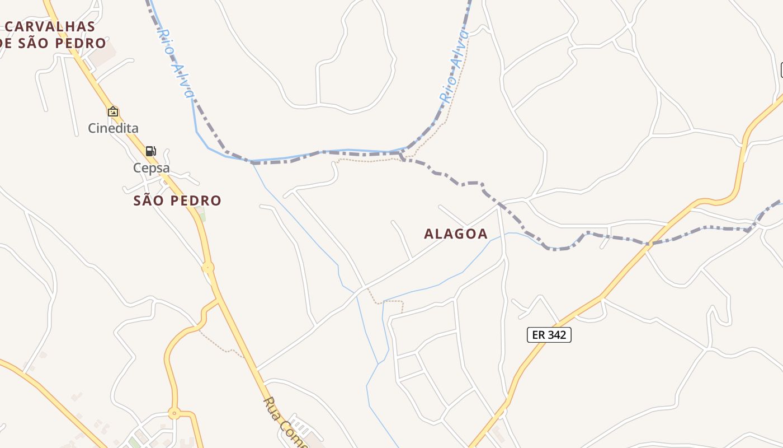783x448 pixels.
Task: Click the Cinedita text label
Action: (x=113, y=128)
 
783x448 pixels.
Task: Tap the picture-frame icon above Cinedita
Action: (x=113, y=111)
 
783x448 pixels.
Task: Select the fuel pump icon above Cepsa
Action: (x=150, y=151)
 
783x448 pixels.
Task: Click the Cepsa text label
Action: (x=151, y=168)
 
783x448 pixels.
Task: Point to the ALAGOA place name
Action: (x=456, y=234)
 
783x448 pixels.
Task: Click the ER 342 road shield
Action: (x=549, y=335)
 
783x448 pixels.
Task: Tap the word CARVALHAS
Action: (x=50, y=26)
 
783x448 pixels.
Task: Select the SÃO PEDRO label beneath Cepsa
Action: (x=177, y=200)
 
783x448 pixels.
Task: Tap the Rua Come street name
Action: (x=285, y=423)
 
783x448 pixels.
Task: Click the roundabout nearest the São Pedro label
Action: (x=208, y=268)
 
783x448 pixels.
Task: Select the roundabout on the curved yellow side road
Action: (x=174, y=414)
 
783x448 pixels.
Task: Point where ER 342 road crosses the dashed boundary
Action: (x=648, y=244)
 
